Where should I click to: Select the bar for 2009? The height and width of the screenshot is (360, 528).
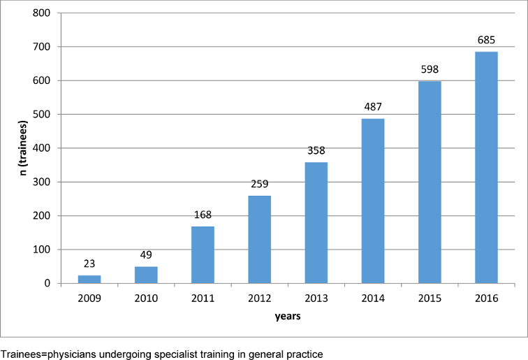[89, 279]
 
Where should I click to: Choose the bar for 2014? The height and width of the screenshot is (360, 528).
[373, 201]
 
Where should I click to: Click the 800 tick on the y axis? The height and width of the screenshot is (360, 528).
[44, 13]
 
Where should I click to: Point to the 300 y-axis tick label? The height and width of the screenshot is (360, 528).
[44, 182]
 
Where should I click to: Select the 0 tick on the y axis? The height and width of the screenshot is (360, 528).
[50, 284]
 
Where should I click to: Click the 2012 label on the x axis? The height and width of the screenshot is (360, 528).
[259, 297]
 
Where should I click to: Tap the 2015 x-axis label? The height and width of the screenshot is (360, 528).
[430, 297]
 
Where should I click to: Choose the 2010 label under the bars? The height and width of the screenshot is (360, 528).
[146, 297]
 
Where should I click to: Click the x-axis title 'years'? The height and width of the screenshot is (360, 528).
[287, 316]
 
